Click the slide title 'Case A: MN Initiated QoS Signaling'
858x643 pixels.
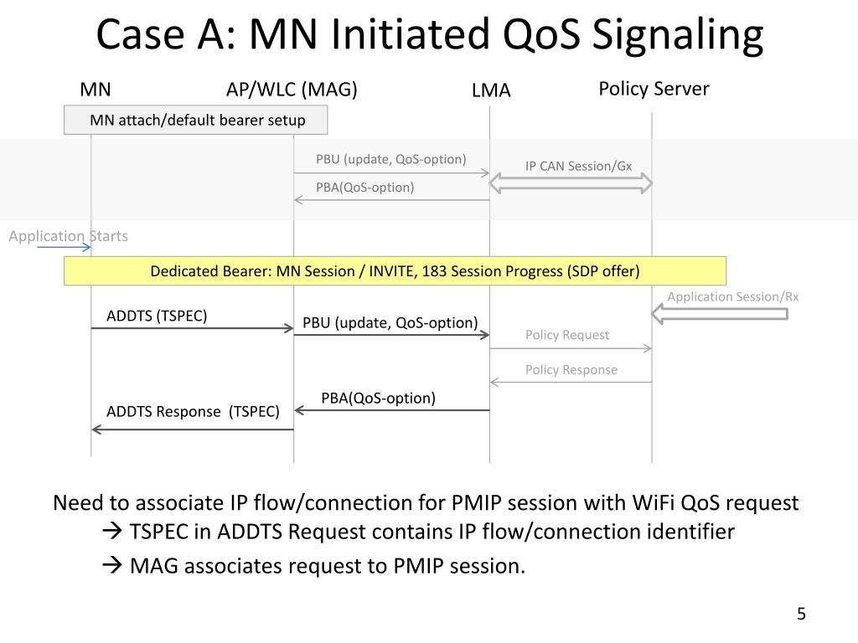pyautogui.click(x=429, y=35)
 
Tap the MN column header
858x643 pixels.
pyautogui.click(x=96, y=90)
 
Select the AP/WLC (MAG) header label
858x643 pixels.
pyautogui.click(x=292, y=90)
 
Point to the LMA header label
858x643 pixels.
pyautogui.click(x=491, y=91)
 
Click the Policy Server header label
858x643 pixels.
pyautogui.click(x=654, y=89)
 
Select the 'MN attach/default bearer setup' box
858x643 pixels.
pyautogui.click(x=196, y=121)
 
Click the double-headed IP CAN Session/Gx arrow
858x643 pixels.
pyautogui.click(x=571, y=183)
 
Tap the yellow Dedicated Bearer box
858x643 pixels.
pyautogui.click(x=395, y=271)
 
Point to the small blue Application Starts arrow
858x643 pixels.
pyautogui.click(x=63, y=248)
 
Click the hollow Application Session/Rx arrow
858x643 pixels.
pyautogui.click(x=720, y=314)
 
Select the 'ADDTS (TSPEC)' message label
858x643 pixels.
pyautogui.click(x=157, y=316)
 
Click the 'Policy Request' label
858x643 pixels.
pyautogui.click(x=567, y=335)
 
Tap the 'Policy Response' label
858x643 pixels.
pyautogui.click(x=571, y=370)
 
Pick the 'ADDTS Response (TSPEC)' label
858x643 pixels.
pyautogui.click(x=193, y=411)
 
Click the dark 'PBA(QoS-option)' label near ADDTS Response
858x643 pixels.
pyautogui.click(x=379, y=398)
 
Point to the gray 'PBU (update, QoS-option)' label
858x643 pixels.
pyautogui.click(x=390, y=159)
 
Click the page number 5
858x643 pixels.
pyautogui.click(x=801, y=614)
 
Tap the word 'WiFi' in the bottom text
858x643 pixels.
pyautogui.click(x=654, y=502)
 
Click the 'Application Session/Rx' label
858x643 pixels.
pyautogui.click(x=733, y=296)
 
